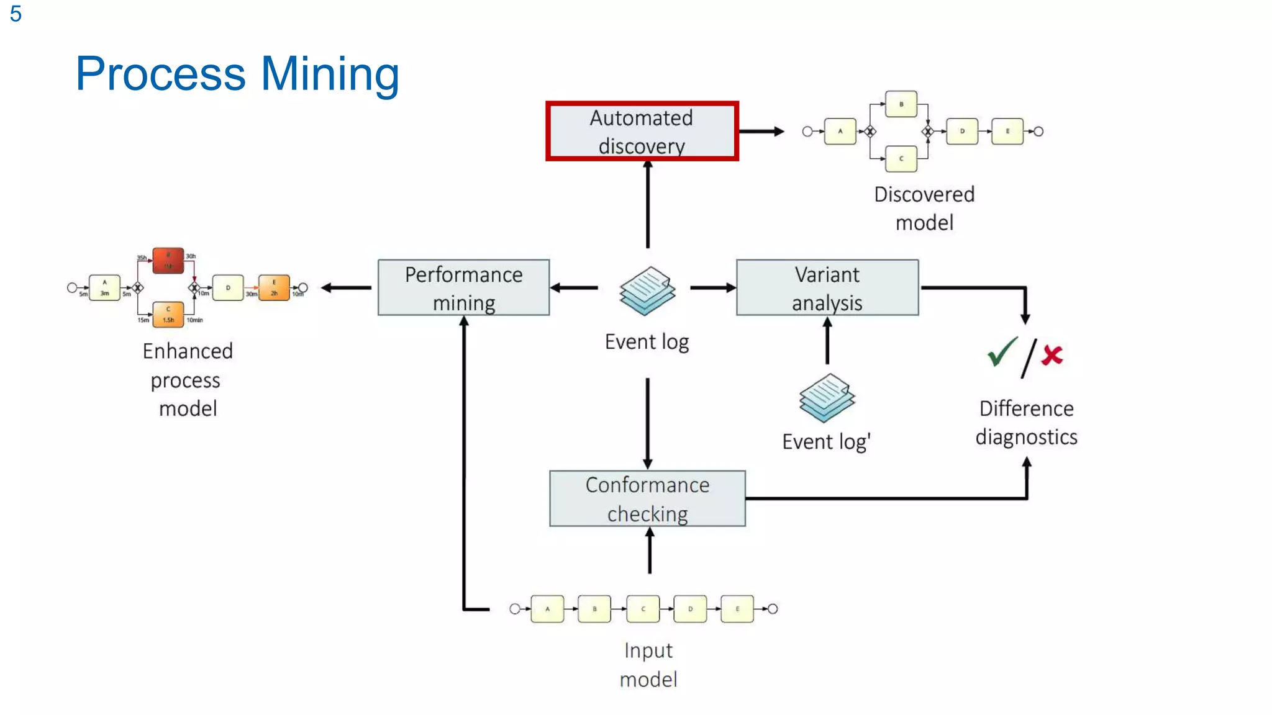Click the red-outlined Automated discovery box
coord(642,131)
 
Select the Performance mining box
coord(463,287)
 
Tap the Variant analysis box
coord(827,287)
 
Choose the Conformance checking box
coord(647,498)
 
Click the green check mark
coord(1001,352)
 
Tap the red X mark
coord(1052,355)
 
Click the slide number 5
coord(16,14)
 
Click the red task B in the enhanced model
coord(168,260)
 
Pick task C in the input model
coord(643,609)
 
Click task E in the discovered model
coord(1007,132)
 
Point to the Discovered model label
coord(924,209)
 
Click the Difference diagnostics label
coord(1026,423)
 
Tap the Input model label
coord(648,665)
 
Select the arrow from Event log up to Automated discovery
coord(648,205)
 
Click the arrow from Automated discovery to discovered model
coord(761,132)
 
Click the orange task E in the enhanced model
coord(274,287)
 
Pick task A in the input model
coord(547,609)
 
